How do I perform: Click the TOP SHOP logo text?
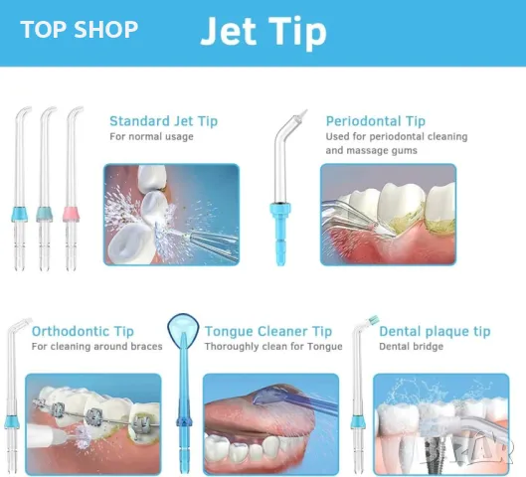tap(79, 30)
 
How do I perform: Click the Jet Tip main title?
tap(263, 32)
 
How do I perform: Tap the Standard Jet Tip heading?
tap(163, 121)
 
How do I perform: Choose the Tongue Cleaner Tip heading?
tap(267, 331)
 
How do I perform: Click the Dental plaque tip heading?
tap(435, 331)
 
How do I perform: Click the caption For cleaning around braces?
tap(94, 347)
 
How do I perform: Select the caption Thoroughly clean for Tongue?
tap(266, 347)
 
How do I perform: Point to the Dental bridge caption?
tap(413, 347)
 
